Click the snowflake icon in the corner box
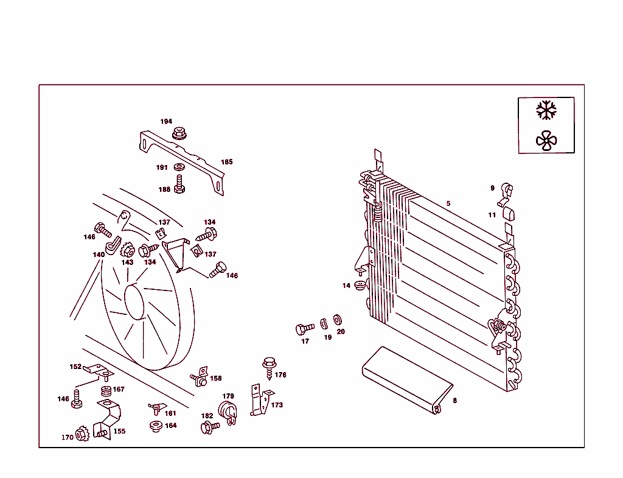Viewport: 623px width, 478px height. click(x=546, y=110)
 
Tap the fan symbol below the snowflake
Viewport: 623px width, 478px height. click(x=546, y=141)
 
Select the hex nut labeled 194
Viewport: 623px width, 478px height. click(x=179, y=132)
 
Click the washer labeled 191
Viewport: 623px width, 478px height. click(x=179, y=167)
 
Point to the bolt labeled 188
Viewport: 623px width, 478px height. click(x=179, y=184)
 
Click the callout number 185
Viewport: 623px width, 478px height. click(x=226, y=162)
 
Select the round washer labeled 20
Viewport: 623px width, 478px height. click(x=338, y=319)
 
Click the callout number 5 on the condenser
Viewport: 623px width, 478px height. click(x=448, y=203)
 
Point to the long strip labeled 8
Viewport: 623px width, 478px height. click(x=406, y=381)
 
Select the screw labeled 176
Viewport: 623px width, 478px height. click(x=268, y=365)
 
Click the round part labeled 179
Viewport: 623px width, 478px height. click(x=227, y=411)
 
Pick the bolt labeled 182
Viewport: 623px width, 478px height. click(x=209, y=427)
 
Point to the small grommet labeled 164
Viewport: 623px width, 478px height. click(x=156, y=426)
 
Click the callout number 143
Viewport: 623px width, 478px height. click(x=127, y=262)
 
